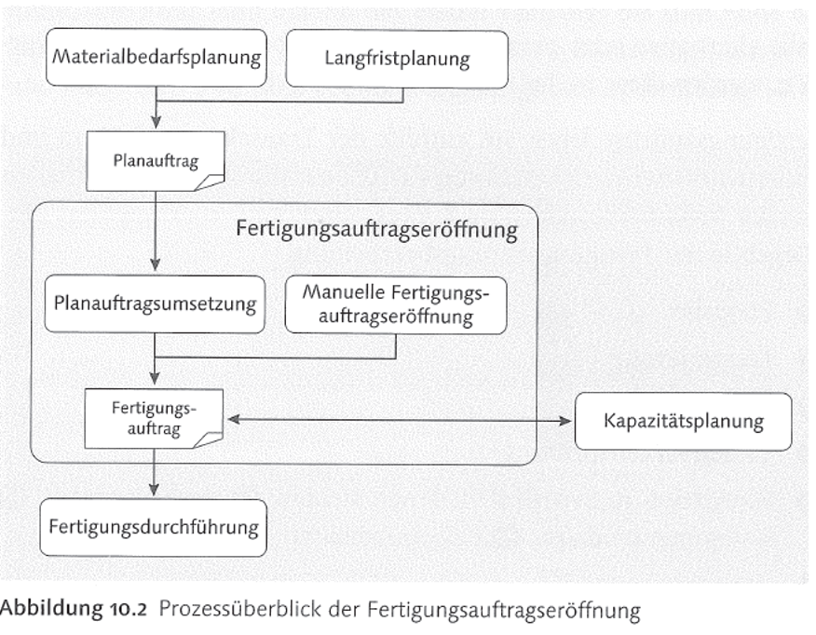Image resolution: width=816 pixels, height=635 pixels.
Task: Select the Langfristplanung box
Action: [x=397, y=60]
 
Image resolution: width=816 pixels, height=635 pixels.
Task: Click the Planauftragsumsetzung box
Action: [x=155, y=304]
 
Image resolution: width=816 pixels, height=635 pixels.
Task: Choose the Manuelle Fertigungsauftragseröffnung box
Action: [x=396, y=304]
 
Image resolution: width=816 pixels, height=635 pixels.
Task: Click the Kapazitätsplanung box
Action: [x=684, y=421]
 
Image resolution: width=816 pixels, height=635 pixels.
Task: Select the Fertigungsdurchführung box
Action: [x=153, y=527]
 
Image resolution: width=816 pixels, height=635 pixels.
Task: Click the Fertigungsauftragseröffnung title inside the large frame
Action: [x=376, y=229]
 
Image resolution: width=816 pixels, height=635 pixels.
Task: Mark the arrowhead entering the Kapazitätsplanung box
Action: [x=567, y=421]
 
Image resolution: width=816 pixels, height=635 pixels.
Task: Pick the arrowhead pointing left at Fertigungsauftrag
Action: [x=234, y=421]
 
